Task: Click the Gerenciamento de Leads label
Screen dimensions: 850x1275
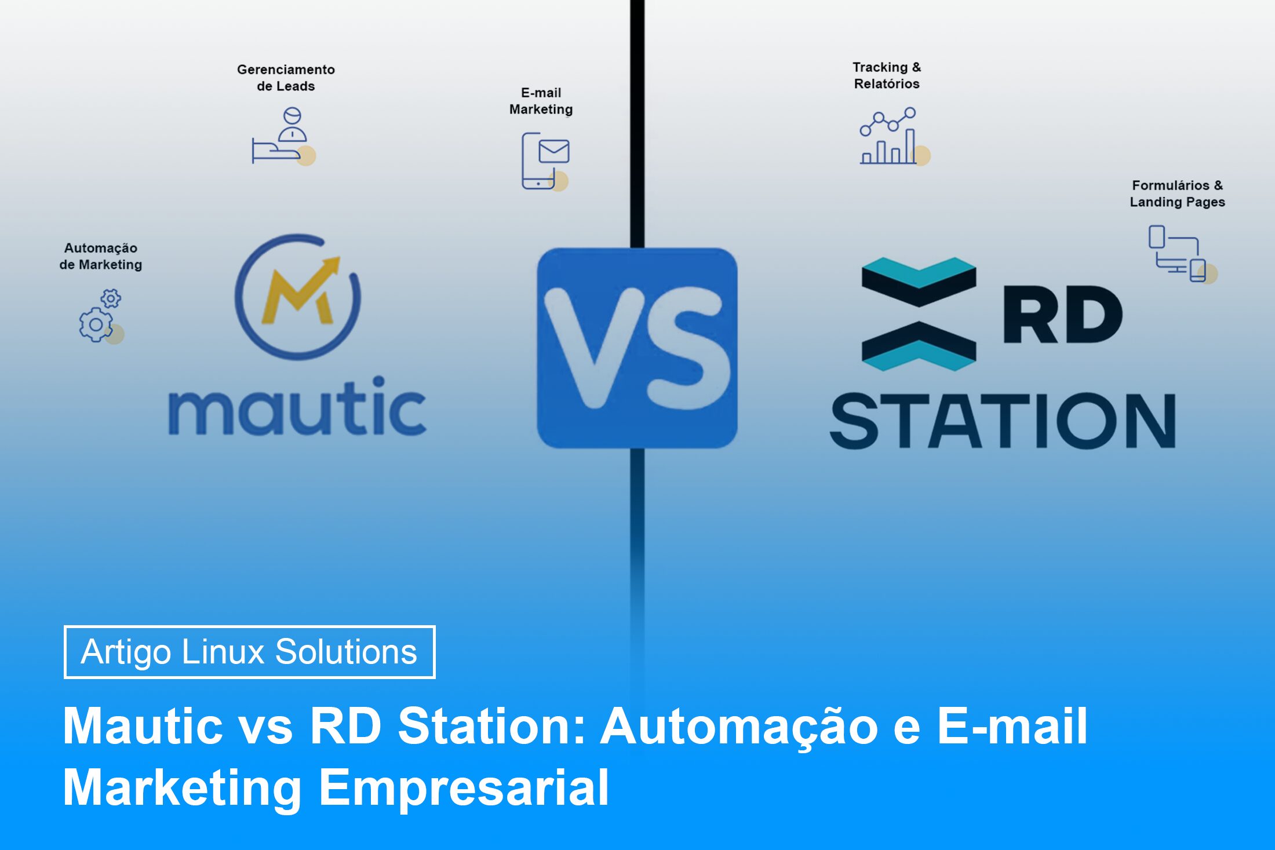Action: (286, 78)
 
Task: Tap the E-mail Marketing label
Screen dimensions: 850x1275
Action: (541, 101)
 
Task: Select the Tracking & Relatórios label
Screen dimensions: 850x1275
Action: (887, 75)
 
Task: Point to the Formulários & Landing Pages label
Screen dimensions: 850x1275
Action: (1177, 194)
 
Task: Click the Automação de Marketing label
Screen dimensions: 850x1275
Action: (101, 256)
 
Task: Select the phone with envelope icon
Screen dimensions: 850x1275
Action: (545, 160)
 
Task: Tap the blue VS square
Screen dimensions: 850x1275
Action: (637, 348)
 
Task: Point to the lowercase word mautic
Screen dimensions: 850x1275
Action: (297, 407)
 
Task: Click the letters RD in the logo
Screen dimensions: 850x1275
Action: (1062, 315)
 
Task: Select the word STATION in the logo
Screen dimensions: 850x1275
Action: (1003, 421)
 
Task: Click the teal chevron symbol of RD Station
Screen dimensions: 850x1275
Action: (919, 313)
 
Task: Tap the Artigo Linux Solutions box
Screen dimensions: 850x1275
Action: (249, 652)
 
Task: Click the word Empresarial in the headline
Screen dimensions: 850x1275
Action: (464, 787)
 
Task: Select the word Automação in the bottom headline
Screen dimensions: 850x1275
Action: (739, 726)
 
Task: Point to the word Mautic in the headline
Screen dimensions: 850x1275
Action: (143, 726)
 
